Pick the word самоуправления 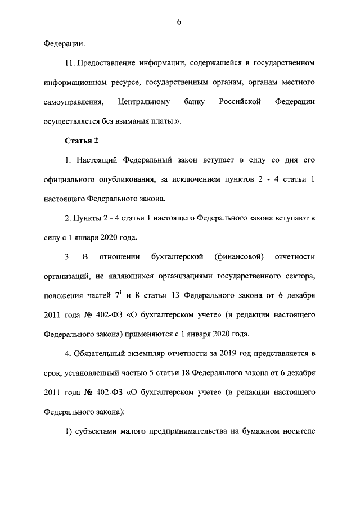coord(73,101)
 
